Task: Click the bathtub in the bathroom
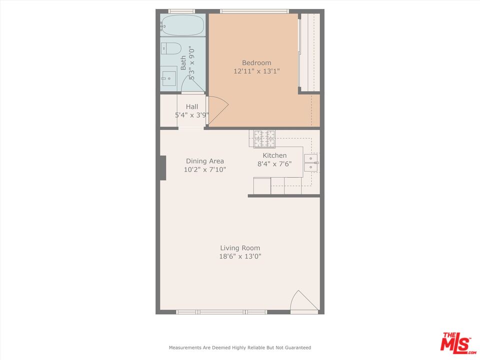tap(182, 24)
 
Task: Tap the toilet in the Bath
tap(171, 48)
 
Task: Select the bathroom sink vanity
tap(168, 78)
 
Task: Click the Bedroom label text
tap(256, 63)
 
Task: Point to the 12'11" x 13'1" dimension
tap(256, 71)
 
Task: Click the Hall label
tap(192, 106)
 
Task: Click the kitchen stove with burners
tap(264, 139)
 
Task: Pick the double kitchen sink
tap(311, 162)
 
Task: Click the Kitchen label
tap(274, 155)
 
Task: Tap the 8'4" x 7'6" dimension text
tap(274, 164)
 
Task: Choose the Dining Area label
tap(205, 161)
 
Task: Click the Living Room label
tap(240, 248)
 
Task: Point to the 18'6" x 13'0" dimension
tap(240, 256)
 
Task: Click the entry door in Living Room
tap(303, 302)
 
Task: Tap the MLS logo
tap(455, 343)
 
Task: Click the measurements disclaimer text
tap(240, 347)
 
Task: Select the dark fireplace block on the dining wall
tap(162, 167)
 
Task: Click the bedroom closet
tap(309, 52)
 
